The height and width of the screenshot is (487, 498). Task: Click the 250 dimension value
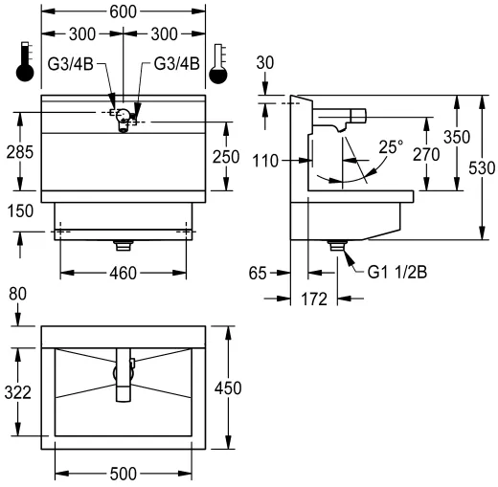[x=226, y=157]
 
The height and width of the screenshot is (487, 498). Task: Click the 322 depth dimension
[x=16, y=392]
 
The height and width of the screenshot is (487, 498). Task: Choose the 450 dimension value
[x=227, y=387]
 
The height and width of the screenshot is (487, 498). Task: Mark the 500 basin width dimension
[x=124, y=474]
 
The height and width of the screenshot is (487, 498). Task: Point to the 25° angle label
[x=390, y=148]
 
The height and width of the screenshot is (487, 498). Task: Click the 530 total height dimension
[x=484, y=168]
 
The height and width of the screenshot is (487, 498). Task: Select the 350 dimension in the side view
[x=457, y=138]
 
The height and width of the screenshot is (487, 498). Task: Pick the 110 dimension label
[x=265, y=162]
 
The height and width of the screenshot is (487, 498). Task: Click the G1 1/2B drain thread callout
[x=397, y=271]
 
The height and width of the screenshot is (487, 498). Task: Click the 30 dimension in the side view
[x=265, y=62]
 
